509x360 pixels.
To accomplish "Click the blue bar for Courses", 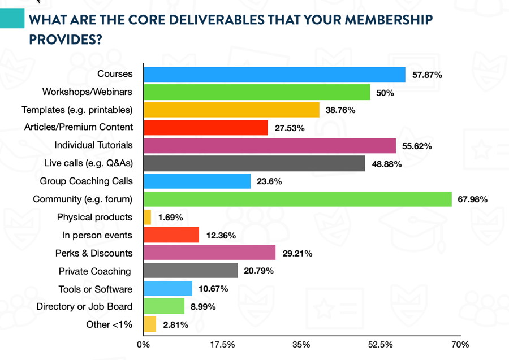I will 274,74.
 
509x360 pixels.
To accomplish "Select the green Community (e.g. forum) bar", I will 297,199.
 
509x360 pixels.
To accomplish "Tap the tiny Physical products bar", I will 148,217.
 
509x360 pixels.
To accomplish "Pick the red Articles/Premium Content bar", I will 206,128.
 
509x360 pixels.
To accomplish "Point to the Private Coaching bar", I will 191,271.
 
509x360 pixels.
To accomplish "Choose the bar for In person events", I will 171,235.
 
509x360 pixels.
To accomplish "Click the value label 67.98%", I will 472,199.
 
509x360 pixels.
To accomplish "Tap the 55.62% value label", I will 417,146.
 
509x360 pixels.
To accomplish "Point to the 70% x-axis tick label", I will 460,344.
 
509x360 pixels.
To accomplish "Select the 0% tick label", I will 144,344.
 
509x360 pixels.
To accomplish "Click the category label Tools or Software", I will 96,289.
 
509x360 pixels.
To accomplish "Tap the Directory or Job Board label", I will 84,306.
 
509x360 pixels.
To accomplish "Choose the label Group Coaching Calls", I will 86,181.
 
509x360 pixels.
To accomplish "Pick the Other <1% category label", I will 109,324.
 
